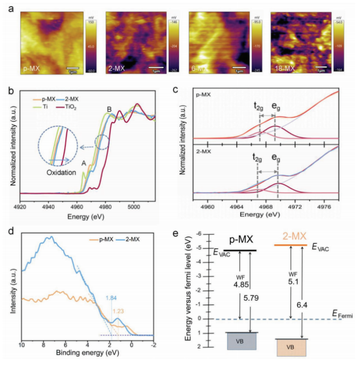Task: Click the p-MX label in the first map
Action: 30,69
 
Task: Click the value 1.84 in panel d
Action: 111,299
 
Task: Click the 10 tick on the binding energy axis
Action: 22,345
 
